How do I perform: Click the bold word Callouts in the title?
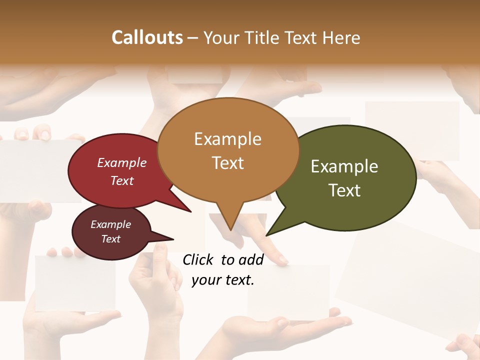(147, 37)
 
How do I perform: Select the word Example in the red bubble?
(122, 162)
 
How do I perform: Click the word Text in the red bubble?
(122, 180)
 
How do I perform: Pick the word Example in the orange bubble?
(227, 139)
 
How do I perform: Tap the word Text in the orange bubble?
(228, 163)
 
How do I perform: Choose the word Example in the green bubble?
(344, 166)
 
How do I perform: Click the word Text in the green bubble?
(344, 190)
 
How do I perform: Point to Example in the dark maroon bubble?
(110, 224)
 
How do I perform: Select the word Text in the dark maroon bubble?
(110, 239)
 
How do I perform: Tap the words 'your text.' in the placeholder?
(223, 280)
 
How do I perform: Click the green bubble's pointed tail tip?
(267, 235)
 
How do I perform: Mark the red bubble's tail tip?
(191, 211)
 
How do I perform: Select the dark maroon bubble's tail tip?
(173, 239)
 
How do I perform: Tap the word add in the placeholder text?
(251, 259)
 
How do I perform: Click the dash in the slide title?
(193, 37)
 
